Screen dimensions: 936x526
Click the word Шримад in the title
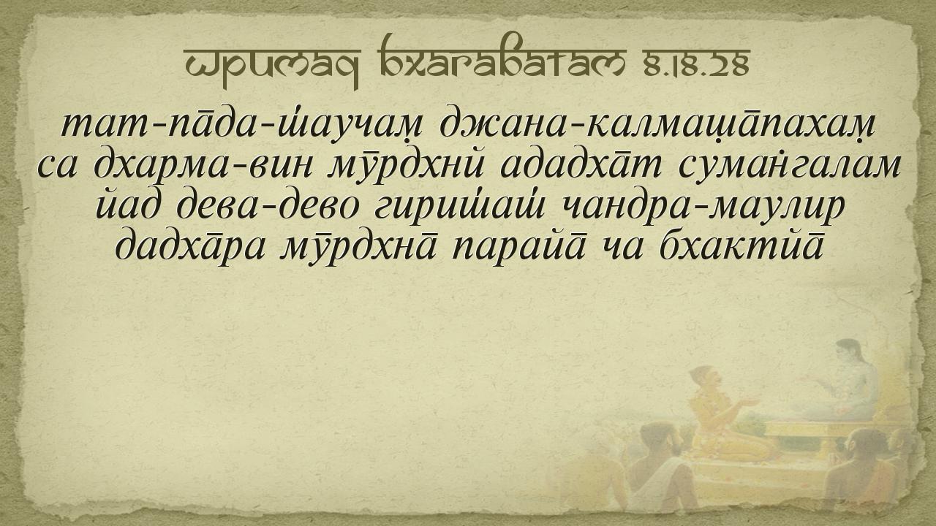pyautogui.click(x=272, y=65)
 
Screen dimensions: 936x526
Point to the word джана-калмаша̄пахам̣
pyautogui.click(x=657, y=125)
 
